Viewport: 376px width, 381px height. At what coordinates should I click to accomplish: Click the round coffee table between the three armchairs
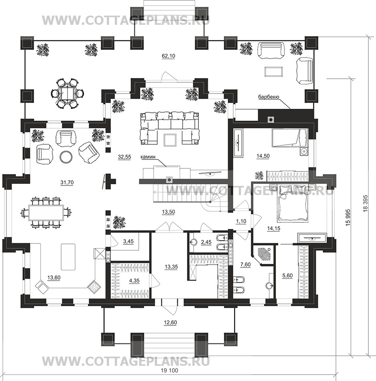point(66,157)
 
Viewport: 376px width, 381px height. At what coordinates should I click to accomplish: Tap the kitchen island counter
point(67,256)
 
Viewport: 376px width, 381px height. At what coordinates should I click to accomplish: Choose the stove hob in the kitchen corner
point(94,286)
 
